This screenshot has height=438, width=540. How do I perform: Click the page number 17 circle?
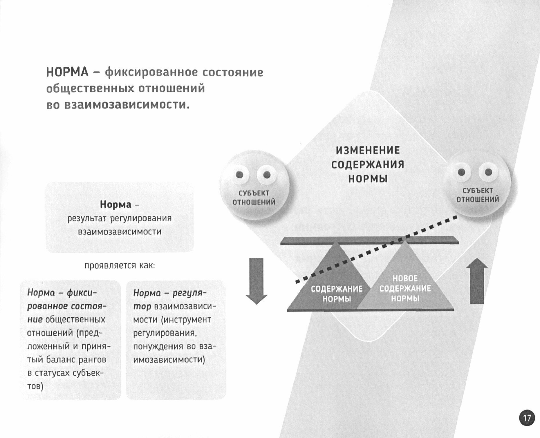527,418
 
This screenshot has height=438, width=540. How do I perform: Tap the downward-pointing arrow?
256,280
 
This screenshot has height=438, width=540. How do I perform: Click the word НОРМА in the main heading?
67,72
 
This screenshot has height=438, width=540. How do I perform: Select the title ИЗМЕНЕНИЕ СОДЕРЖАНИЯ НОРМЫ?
368,164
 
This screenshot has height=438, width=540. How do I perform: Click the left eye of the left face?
240,175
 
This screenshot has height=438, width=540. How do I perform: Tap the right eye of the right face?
488,172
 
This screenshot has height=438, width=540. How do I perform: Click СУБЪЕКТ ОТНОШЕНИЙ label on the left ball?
254,198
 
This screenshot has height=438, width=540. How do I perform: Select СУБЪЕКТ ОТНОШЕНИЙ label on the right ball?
478,195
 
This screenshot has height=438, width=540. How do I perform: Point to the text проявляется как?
120,265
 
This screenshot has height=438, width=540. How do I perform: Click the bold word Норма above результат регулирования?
115,204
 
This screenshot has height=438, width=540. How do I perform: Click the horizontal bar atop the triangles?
369,240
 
